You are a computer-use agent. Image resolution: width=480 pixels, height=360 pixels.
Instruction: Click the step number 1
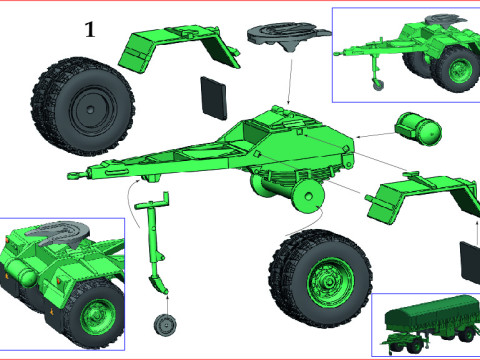point(90,31)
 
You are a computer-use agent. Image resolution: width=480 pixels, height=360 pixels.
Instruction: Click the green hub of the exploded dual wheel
point(324,273)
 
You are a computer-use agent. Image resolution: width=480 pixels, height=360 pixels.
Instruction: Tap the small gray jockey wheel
point(164,325)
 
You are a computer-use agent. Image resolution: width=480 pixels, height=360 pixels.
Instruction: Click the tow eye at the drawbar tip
point(74,177)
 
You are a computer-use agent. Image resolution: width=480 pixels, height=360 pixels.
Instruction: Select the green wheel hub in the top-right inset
point(460,71)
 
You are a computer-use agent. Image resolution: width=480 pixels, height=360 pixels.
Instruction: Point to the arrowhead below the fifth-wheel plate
point(288,104)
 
